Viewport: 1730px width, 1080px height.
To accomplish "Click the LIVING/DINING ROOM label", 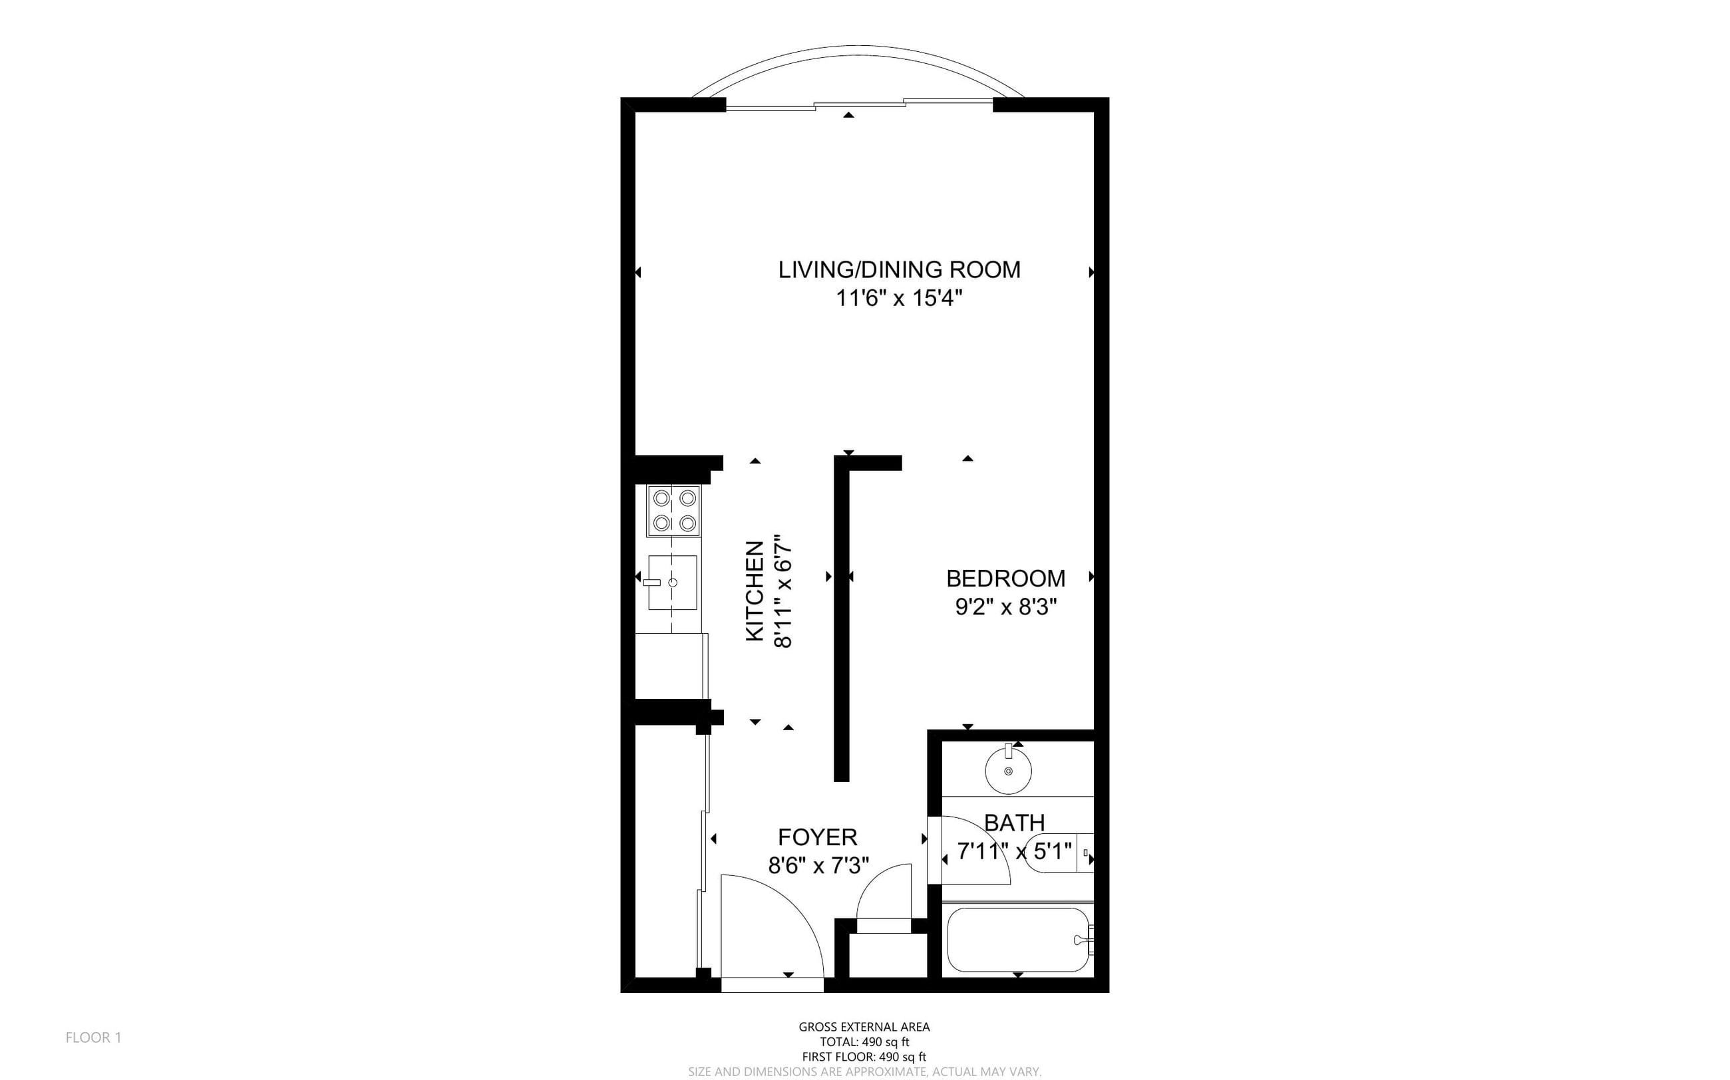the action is click(x=899, y=269).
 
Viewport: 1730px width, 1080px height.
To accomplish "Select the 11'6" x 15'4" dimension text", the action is click(x=899, y=298).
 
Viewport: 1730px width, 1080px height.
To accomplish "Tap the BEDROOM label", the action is click(x=1005, y=578).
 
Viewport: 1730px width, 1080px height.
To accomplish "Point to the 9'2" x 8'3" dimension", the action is click(x=1005, y=607).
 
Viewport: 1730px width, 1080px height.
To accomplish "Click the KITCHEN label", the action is click(x=755, y=591).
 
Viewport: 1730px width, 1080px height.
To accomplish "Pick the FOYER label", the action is click(x=818, y=837).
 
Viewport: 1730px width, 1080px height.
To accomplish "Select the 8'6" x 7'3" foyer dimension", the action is click(x=818, y=865).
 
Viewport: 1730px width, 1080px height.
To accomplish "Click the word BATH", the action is click(x=1014, y=823).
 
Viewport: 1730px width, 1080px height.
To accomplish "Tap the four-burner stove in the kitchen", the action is click(x=674, y=511).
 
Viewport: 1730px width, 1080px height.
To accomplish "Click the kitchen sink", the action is click(x=673, y=582).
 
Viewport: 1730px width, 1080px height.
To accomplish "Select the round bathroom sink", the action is click(x=1008, y=769).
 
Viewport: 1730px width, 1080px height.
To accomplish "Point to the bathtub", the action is click(x=1018, y=939).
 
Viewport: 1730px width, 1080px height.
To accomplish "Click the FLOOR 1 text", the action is click(x=94, y=1037).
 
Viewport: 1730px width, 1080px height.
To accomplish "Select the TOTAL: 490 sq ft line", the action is click(x=864, y=1042).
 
